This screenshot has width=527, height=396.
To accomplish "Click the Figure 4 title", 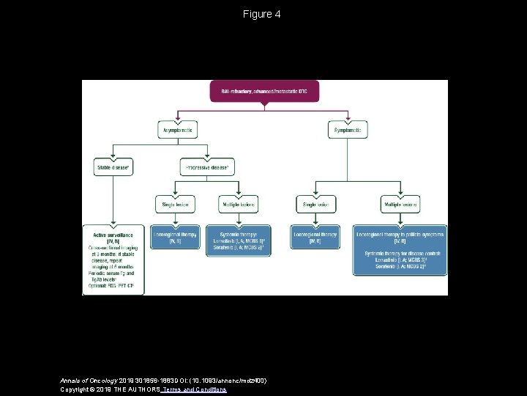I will click(262, 14).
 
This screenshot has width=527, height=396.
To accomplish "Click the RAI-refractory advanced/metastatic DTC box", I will click(264, 91).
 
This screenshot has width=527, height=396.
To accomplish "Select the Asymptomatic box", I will click(178, 130).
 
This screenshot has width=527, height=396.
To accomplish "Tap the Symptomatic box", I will click(347, 130).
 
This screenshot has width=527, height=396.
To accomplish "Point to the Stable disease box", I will click(113, 167).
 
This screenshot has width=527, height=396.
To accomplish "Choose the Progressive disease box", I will click(207, 167).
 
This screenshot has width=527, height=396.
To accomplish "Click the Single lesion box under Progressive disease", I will click(175, 204).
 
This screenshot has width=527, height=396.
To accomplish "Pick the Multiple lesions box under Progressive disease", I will click(239, 204).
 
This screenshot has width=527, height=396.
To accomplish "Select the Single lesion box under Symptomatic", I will click(315, 204).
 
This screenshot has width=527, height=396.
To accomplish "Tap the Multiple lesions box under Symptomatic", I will click(400, 204).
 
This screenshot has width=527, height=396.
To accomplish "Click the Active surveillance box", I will click(113, 260).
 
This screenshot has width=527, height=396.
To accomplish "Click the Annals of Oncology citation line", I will click(162, 381).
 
